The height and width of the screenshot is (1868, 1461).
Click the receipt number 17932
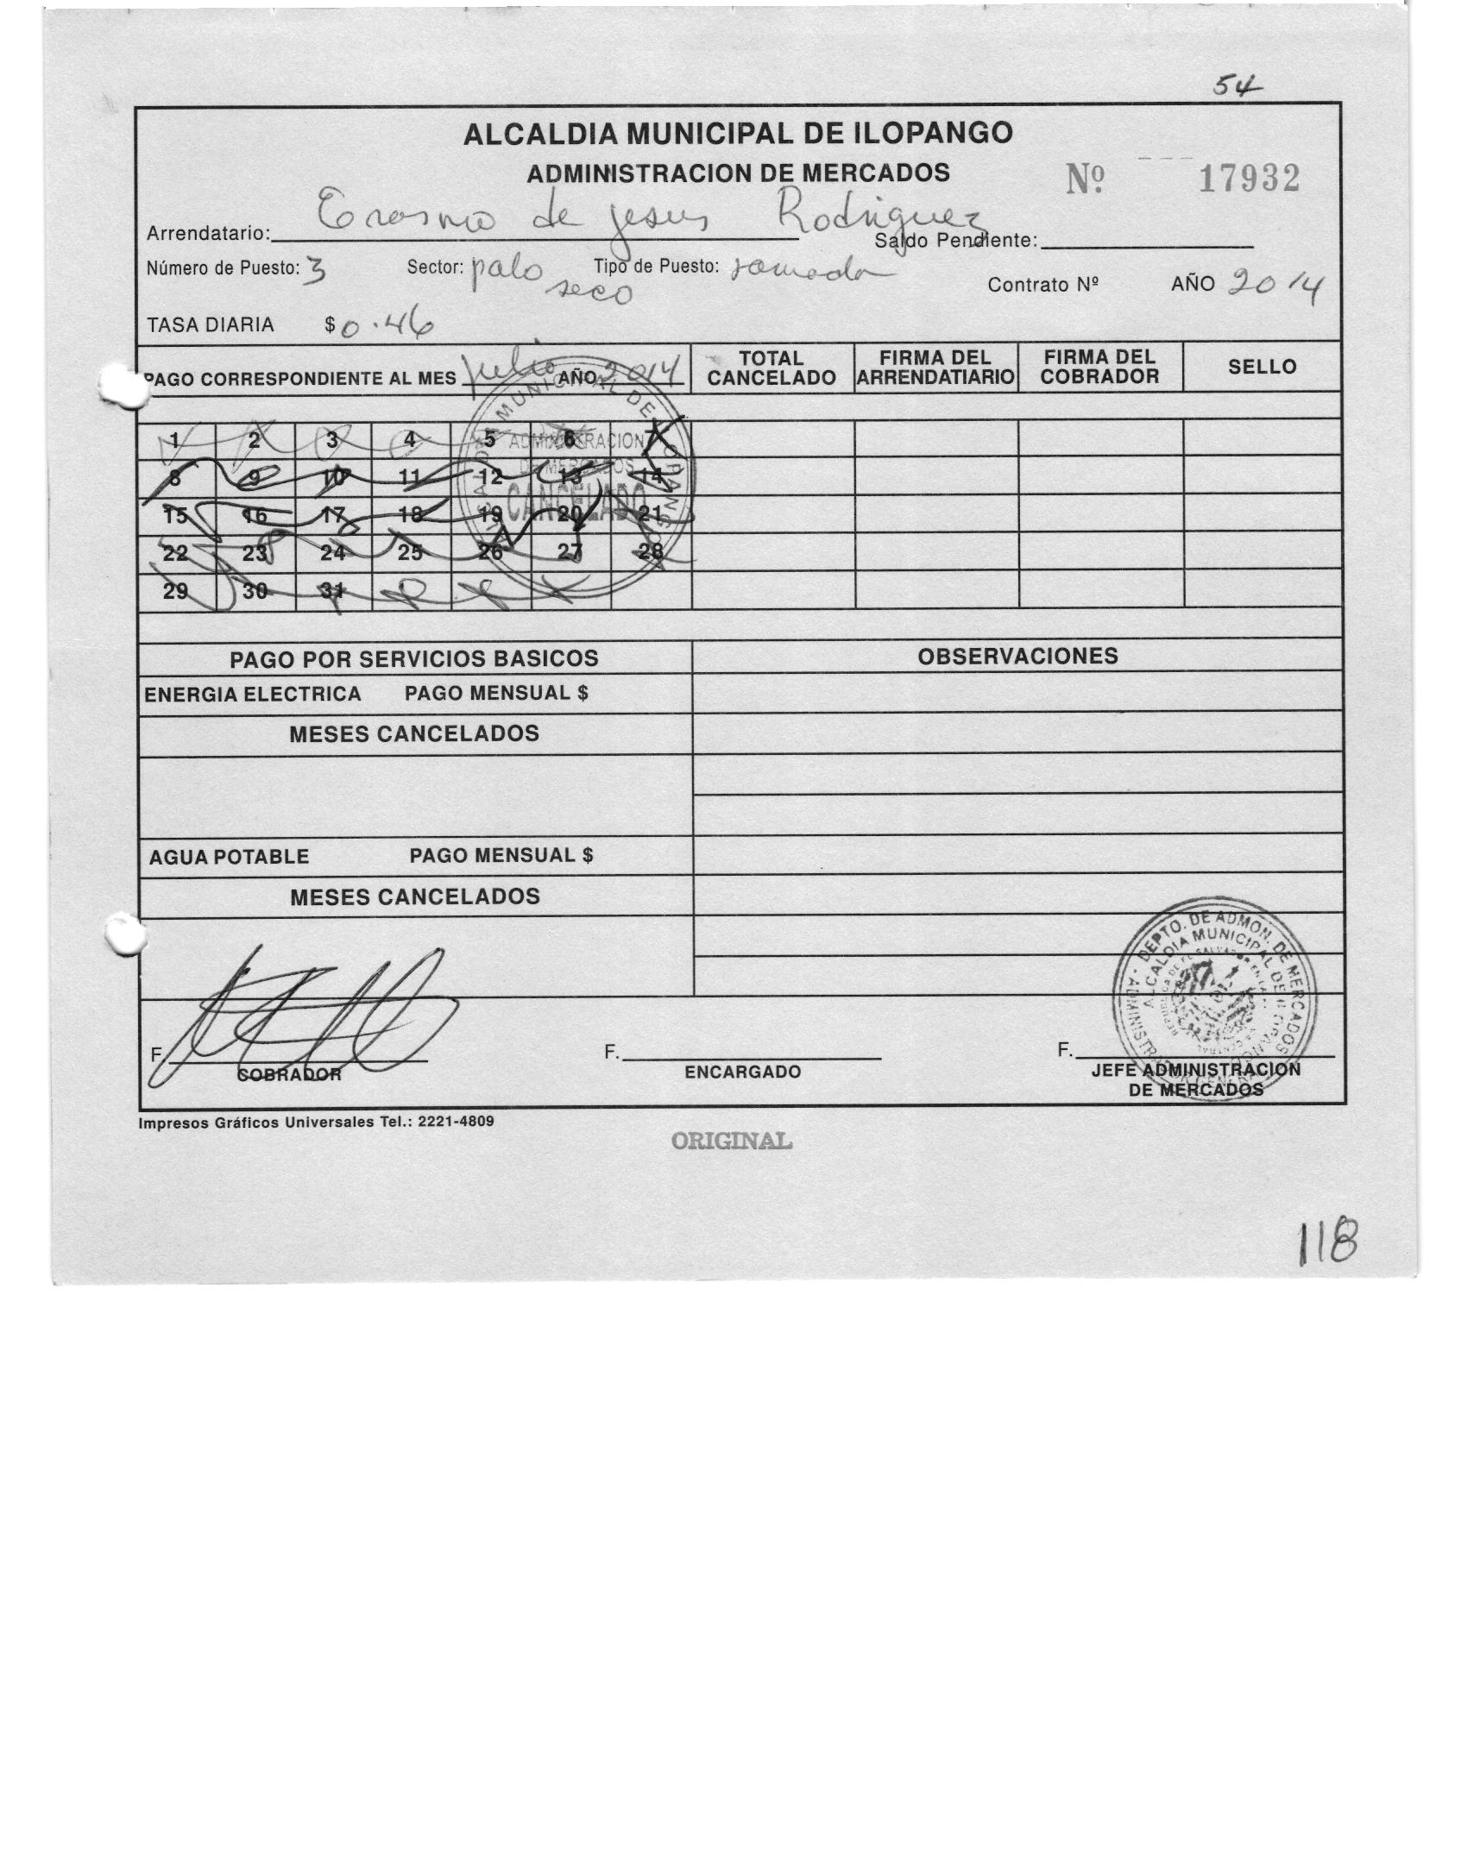(1248, 179)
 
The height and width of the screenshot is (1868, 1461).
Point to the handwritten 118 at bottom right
(1329, 1246)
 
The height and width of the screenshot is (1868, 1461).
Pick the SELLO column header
(1262, 367)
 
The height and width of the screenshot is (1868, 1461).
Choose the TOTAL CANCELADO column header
(771, 368)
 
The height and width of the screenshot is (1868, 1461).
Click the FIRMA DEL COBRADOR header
(1099, 368)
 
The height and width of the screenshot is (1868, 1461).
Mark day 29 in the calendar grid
(175, 591)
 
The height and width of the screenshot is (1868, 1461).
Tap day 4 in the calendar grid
(411, 440)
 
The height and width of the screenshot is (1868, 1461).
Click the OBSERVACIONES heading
(1017, 656)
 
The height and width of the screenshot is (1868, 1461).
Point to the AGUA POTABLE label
(229, 857)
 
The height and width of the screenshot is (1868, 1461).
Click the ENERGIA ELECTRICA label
(252, 695)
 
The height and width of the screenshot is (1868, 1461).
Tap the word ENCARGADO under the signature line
(742, 1072)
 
